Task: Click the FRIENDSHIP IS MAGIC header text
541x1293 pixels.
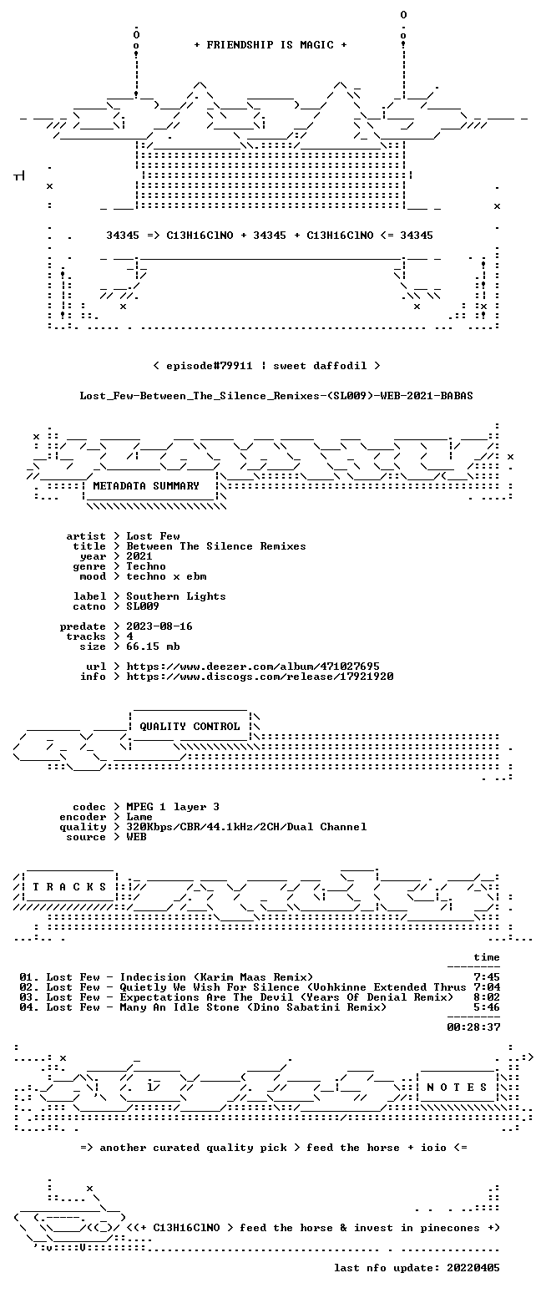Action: click(270, 45)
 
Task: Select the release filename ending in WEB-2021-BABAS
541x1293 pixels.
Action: click(276, 396)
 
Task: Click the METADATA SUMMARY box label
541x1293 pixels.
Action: click(146, 486)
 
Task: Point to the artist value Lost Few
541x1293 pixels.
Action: click(154, 536)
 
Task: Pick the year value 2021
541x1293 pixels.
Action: click(139, 556)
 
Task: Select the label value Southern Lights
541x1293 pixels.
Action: click(176, 597)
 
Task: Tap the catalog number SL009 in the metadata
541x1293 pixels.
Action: click(143, 606)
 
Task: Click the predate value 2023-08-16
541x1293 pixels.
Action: click(159, 627)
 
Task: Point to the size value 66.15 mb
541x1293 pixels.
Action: click(154, 647)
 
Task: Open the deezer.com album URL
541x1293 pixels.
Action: click(253, 667)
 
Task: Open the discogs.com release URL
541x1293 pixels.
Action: click(260, 677)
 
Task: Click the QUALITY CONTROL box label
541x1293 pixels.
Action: click(190, 727)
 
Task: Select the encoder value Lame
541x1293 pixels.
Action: click(139, 818)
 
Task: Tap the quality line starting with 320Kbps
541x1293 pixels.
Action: click(247, 827)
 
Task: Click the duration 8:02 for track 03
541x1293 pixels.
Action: click(487, 997)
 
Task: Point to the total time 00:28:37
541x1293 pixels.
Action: click(473, 1027)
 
